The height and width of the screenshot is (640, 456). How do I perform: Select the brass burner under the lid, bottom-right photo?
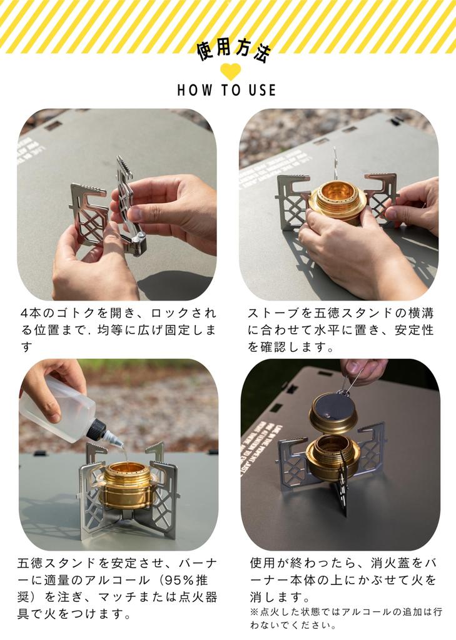pos(333,459)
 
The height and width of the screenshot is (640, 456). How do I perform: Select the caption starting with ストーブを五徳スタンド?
pos(340,329)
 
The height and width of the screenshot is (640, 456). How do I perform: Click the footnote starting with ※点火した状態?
pos(345,618)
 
